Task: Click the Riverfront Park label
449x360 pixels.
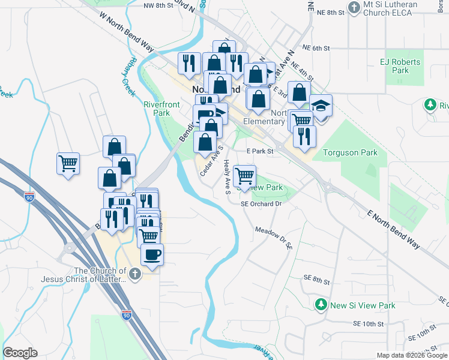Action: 161,108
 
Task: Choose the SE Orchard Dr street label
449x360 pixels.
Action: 261,204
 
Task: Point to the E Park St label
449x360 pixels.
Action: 260,152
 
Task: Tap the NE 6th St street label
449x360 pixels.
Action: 317,48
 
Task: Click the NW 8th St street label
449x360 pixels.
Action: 158,5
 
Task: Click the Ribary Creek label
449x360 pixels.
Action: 129,76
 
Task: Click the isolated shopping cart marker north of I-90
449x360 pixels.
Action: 68,163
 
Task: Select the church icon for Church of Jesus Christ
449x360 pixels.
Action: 135,274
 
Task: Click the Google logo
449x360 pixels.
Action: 20,353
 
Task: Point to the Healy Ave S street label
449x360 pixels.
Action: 227,177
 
